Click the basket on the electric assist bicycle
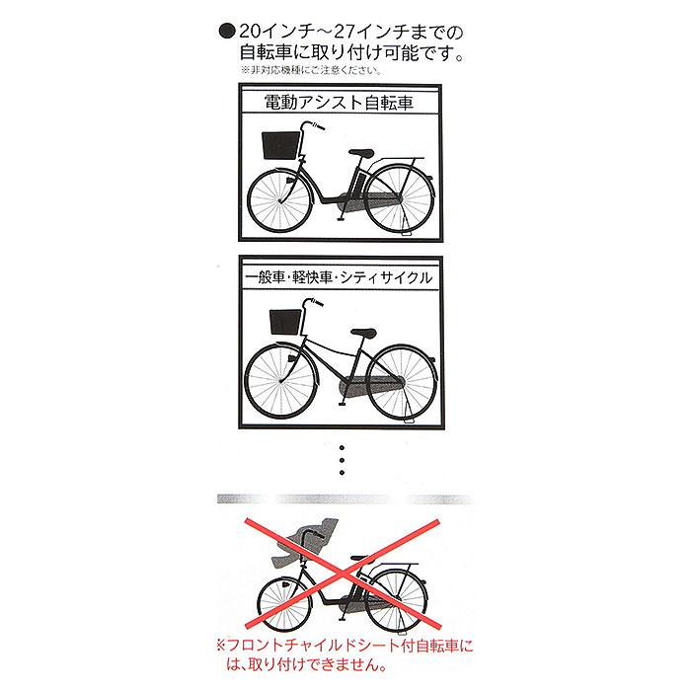[279, 147]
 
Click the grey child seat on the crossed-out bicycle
[295, 544]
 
